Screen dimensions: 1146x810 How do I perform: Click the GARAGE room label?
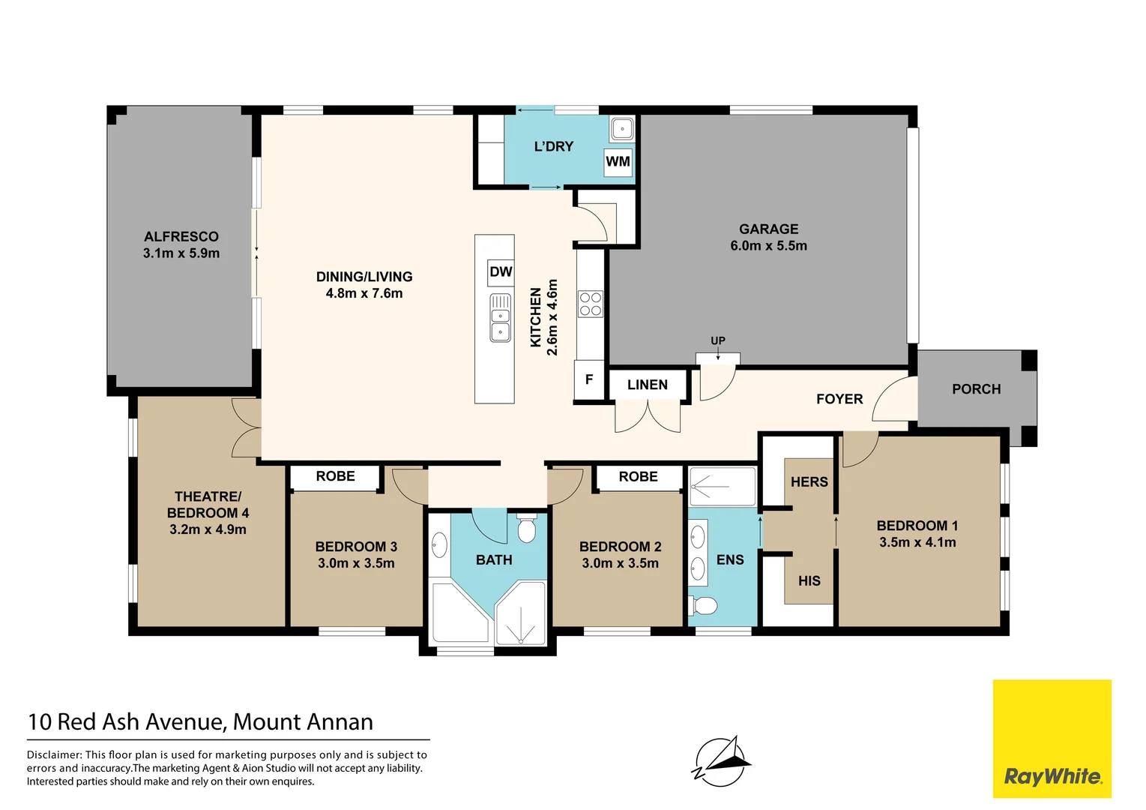pos(768,229)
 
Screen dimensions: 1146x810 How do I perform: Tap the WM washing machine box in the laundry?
pos(618,162)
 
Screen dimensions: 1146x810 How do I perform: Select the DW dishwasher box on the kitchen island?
pos(501,272)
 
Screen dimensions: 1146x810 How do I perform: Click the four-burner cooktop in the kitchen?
pos(591,304)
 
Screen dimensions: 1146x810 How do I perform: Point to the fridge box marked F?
pos(589,379)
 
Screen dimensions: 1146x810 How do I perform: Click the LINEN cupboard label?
pos(647,385)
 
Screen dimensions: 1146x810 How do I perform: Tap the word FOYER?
pos(839,399)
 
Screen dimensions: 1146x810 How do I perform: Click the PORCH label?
pos(976,389)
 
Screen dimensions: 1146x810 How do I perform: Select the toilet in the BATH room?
pos(526,529)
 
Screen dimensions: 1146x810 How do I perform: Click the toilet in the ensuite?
pos(703,606)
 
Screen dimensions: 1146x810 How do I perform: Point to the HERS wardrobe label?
pos(809,481)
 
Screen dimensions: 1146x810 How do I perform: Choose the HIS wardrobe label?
pos(809,580)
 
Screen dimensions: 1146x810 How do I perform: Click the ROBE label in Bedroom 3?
pos(335,476)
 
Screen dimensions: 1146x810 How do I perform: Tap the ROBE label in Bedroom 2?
pos(638,477)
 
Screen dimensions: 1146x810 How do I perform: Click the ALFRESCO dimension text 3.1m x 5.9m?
pos(181,253)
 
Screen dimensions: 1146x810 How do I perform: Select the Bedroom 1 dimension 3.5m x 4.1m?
pos(917,541)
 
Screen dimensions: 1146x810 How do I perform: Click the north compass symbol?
pos(720,760)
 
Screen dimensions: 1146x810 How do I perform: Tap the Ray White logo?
pos(1052,738)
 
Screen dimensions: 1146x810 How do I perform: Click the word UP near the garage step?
pos(718,340)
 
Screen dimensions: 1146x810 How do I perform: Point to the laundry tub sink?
pos(621,128)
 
